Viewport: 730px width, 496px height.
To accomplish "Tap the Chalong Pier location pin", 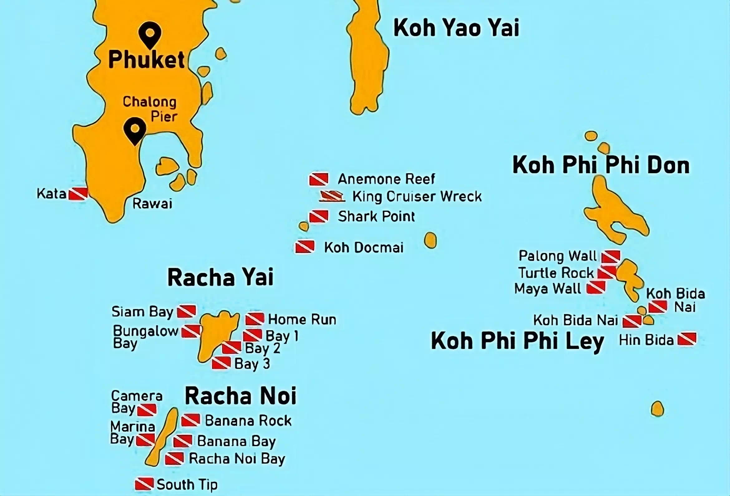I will click(x=135, y=131).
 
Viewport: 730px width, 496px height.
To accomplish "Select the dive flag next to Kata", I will click(x=78, y=193).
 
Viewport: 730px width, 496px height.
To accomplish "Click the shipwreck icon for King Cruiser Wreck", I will click(x=332, y=196).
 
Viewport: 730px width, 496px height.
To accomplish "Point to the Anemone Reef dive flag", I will click(x=319, y=179).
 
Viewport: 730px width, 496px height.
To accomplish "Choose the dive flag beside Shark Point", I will click(x=319, y=217).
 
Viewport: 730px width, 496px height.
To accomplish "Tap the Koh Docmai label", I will click(x=364, y=247).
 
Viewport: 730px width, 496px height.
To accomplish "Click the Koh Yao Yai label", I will click(x=456, y=28).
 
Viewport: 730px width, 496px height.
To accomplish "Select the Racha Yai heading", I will click(x=221, y=277).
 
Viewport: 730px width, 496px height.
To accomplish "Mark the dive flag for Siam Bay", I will click(x=187, y=312).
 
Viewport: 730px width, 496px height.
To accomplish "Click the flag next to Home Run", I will click(x=255, y=319).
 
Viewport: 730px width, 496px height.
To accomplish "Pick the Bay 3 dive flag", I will click(x=221, y=363).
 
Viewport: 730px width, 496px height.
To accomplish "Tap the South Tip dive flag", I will click(x=144, y=484).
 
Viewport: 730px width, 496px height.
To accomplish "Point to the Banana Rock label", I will click(x=248, y=421).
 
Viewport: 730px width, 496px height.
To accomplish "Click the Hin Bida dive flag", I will click(x=687, y=339).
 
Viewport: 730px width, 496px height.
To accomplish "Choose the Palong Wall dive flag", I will click(x=611, y=257).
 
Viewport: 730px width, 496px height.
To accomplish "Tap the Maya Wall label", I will click(x=548, y=289).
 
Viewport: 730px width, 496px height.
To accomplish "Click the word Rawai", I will click(x=152, y=204).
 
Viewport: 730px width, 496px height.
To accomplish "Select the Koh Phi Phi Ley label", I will click(x=517, y=341).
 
